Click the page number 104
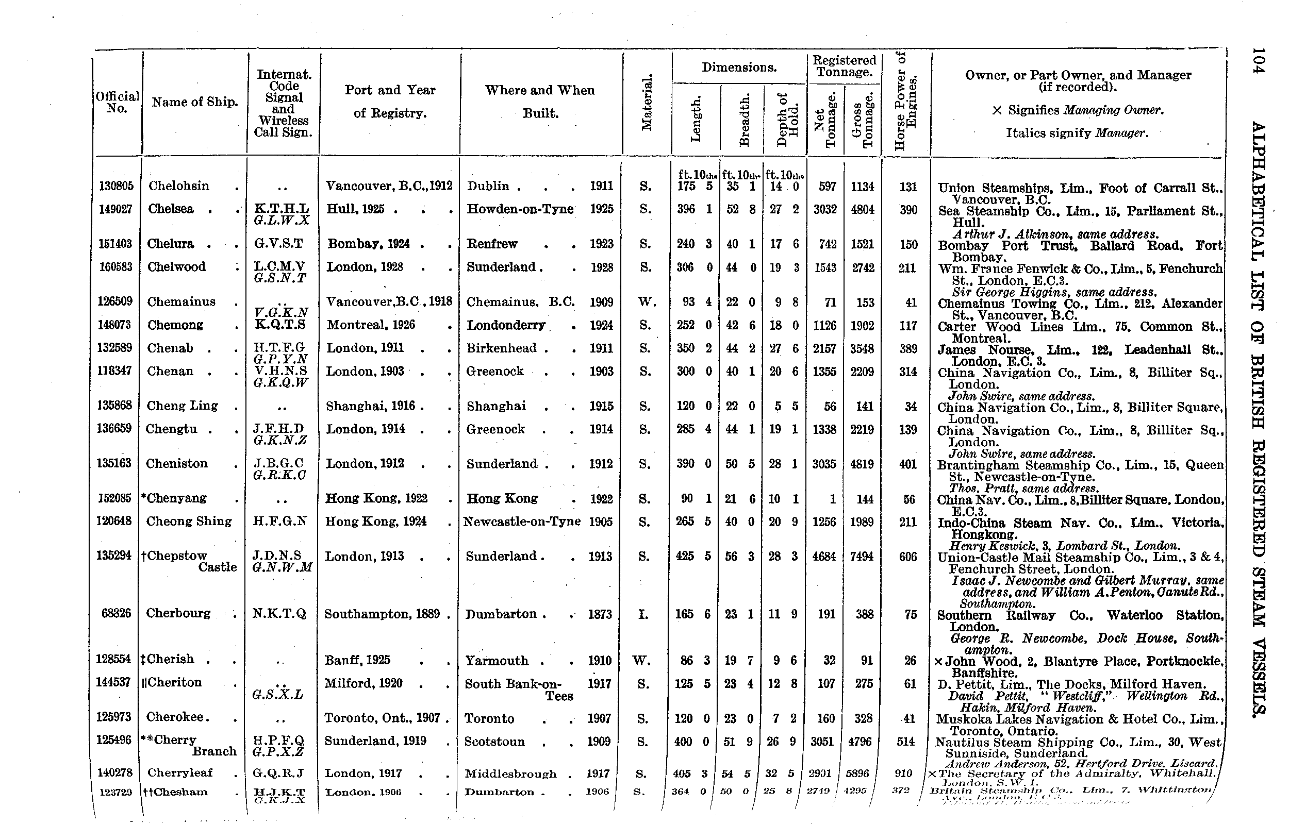[x=1258, y=64]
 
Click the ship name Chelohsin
[x=179, y=186]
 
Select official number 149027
[x=115, y=209]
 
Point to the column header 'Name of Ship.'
[x=195, y=102]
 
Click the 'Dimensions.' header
[x=739, y=68]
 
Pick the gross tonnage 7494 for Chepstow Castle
[x=862, y=557]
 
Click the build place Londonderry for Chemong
[x=506, y=325]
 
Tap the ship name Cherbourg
[x=178, y=613]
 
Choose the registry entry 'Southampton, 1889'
[x=382, y=614]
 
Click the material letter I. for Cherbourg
[x=643, y=615]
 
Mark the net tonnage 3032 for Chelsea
[x=825, y=210]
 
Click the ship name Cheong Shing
[x=188, y=522]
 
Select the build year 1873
[x=600, y=615]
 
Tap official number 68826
[x=116, y=613]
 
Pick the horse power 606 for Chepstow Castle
[x=907, y=557]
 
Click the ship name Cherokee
[x=177, y=717]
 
